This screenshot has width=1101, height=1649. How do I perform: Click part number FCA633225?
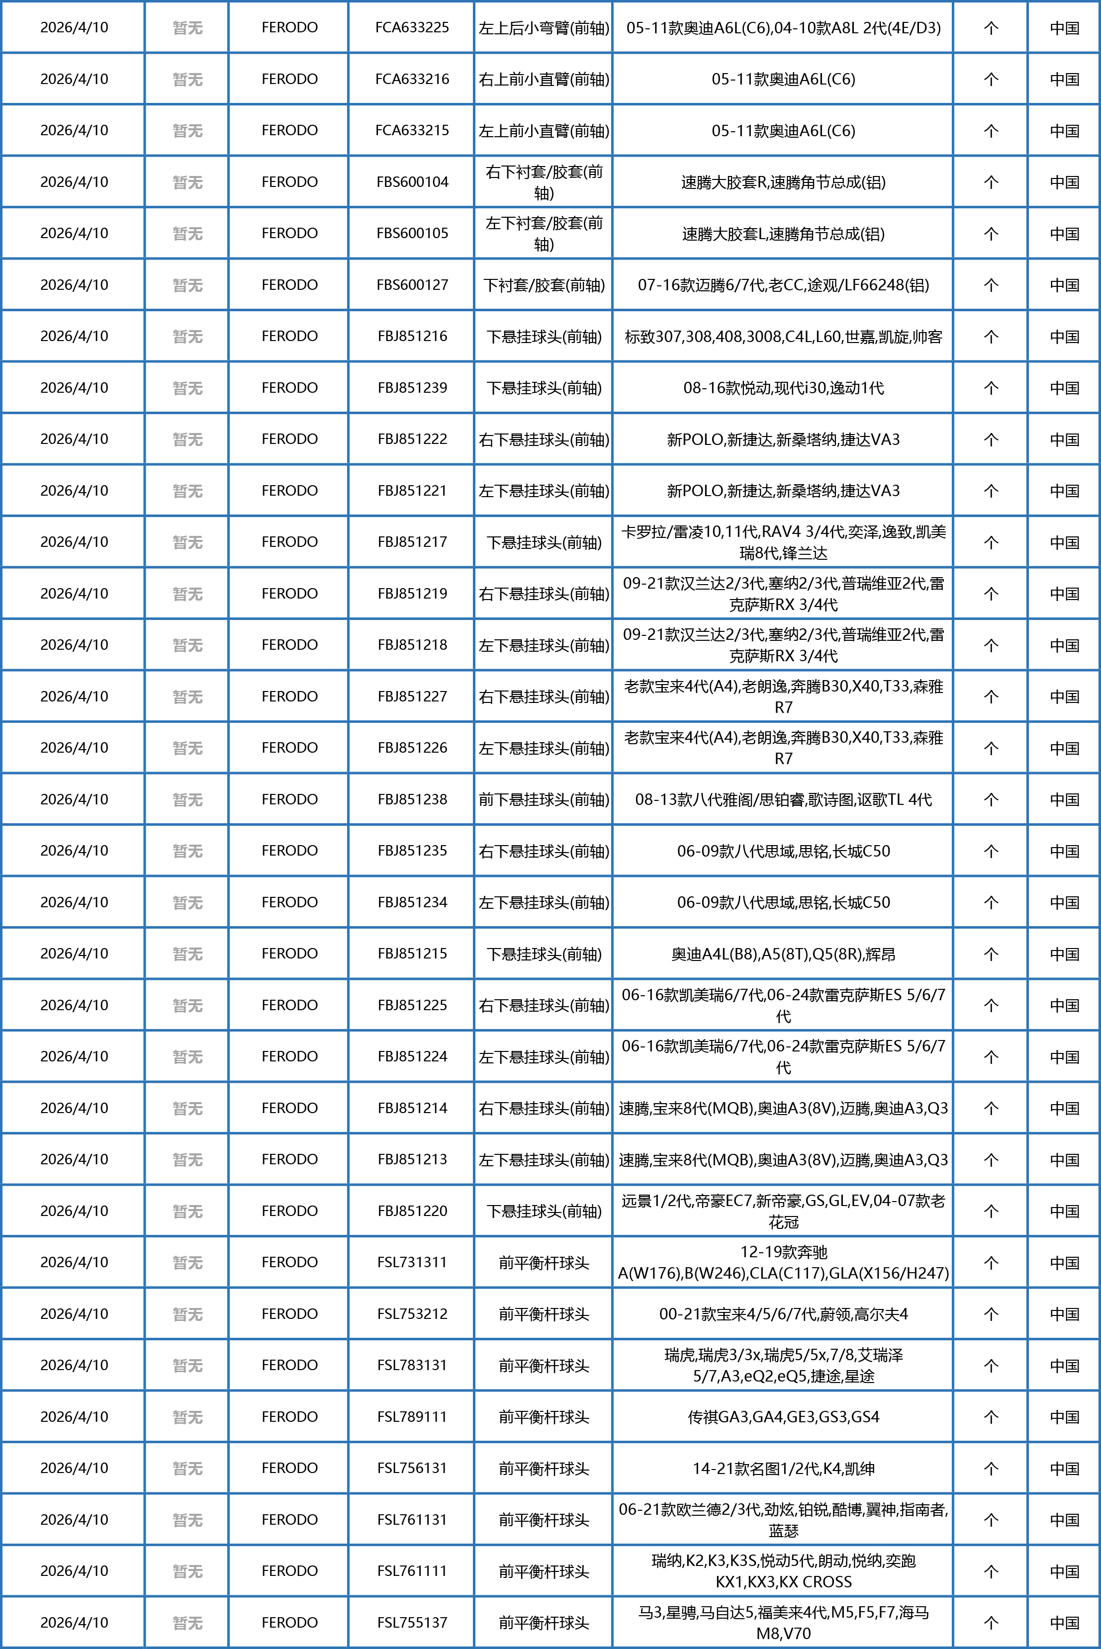[412, 27]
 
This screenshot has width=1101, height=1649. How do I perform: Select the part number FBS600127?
[412, 285]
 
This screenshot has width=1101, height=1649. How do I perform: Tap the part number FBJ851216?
[412, 336]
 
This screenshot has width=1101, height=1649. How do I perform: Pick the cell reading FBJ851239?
[412, 387]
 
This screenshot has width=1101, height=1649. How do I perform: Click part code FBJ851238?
[412, 799]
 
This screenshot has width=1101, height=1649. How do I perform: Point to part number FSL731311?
[412, 1262]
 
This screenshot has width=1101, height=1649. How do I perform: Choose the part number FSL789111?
[412, 1417]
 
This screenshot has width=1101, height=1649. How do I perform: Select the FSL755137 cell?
[412, 1622]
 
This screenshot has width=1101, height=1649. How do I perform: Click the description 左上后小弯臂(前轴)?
[544, 28]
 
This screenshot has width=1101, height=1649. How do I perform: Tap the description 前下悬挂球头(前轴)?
[544, 799]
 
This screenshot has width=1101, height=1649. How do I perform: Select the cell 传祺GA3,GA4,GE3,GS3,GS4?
[783, 1417]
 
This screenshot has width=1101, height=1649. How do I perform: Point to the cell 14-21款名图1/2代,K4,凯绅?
[783, 1469]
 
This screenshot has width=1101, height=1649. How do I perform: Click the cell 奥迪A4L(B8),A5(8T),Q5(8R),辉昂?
[783, 954]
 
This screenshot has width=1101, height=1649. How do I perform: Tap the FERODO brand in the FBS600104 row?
[289, 182]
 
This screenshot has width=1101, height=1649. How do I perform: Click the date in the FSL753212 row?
[74, 1314]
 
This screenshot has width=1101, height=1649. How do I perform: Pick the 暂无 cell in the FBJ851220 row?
[187, 1211]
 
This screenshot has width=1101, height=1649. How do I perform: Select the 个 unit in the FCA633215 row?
[991, 131]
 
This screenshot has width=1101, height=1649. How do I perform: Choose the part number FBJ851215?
[412, 954]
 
